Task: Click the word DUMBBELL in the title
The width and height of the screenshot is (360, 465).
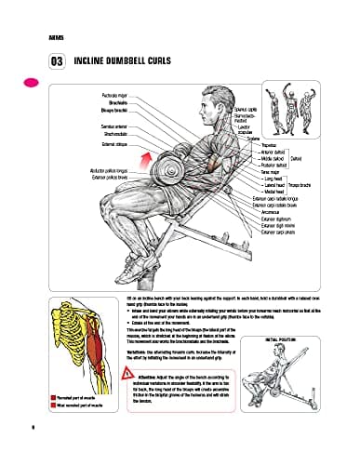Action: click(x=127, y=63)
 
